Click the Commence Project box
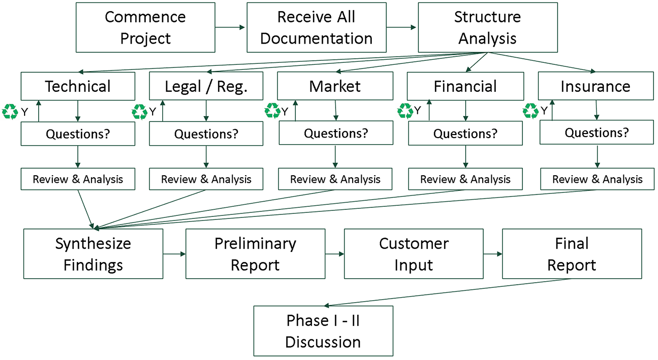click(145, 27)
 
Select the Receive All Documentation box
click(316, 27)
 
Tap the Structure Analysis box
click(487, 27)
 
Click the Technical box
click(78, 86)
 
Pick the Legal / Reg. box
click(206, 86)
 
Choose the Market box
click(335, 86)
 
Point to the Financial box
click(465, 86)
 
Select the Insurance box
click(595, 86)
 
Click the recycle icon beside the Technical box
click(10, 111)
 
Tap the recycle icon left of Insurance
click(531, 111)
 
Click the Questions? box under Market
click(336, 134)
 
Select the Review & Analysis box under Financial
click(465, 179)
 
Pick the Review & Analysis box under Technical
click(78, 179)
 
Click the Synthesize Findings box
click(93, 254)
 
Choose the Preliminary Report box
click(255, 254)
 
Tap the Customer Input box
click(413, 254)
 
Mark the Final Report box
click(572, 254)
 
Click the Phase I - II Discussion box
click(323, 331)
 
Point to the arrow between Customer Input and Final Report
click(492, 254)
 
